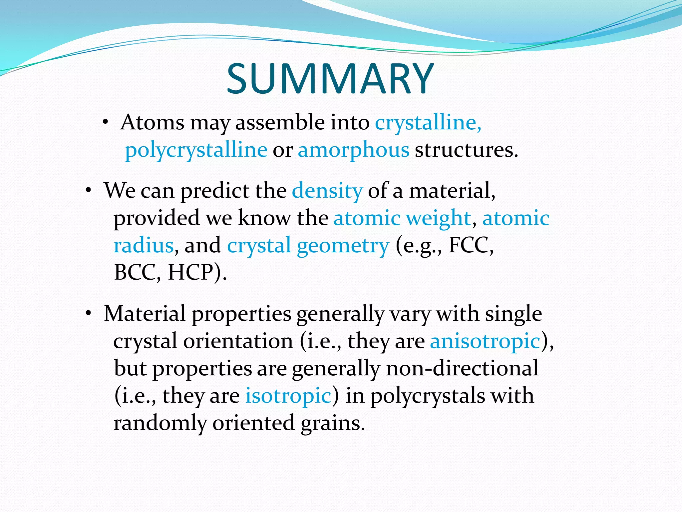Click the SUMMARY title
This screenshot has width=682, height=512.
point(330,79)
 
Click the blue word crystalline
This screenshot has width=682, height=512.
point(428,122)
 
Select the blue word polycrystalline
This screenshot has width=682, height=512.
point(196,150)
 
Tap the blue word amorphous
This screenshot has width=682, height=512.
point(353,150)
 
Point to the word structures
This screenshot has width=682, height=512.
point(466,150)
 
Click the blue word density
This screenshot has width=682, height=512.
point(327,191)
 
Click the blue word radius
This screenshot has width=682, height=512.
point(144,245)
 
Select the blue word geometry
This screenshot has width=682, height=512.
point(343,246)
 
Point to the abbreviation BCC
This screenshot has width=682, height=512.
point(134,273)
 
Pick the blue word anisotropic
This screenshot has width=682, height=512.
point(485,341)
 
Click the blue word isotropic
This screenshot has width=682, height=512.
point(288,396)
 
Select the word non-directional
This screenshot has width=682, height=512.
point(462,368)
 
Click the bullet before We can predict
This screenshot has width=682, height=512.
point(88,191)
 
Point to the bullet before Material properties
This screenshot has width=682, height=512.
point(88,314)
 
